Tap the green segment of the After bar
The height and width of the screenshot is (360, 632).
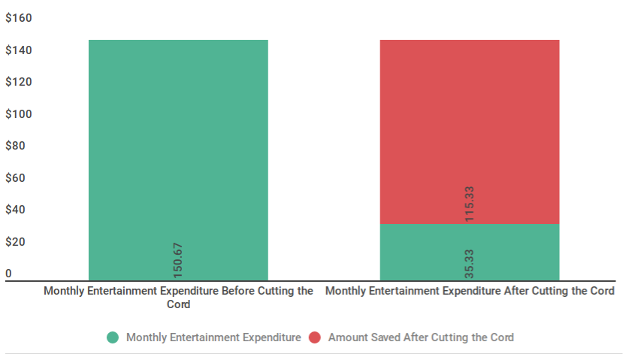coord(470,253)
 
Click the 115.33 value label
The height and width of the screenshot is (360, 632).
coord(470,203)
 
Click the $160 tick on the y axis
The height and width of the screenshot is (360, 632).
coord(19,18)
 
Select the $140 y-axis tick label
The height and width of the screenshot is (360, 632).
coord(19,50)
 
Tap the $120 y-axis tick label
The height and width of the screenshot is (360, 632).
coord(19,82)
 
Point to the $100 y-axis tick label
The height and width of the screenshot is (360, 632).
coord(19,114)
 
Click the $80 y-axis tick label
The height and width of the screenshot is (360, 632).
coord(16,146)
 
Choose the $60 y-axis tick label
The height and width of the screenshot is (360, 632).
coord(16,178)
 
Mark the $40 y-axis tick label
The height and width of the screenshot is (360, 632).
coord(16,210)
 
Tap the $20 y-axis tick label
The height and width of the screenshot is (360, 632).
coord(16,242)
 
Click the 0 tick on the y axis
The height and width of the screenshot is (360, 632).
coord(9,274)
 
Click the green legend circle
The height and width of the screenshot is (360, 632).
coord(113,337)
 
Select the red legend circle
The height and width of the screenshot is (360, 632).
coord(315,337)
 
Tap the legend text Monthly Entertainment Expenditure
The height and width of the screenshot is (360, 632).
coord(213,337)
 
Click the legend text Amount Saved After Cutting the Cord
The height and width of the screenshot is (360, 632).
coord(421,337)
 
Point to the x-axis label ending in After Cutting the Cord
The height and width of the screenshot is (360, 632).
coord(470,291)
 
